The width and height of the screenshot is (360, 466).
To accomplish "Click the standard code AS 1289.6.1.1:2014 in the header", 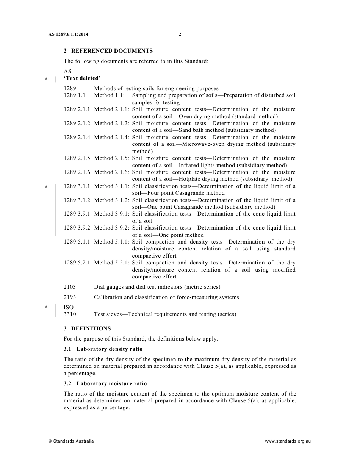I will (68, 34).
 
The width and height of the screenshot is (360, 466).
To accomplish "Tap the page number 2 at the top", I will (180, 34).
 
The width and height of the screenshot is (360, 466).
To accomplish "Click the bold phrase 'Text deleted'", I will (82, 78).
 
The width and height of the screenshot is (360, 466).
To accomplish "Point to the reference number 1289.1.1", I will (74, 95).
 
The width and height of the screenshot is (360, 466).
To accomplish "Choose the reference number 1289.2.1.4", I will (77, 137).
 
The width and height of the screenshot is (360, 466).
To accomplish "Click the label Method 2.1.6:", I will (111, 172).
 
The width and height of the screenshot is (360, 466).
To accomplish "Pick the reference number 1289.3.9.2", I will (77, 228).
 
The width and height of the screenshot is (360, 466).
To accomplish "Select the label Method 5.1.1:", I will (111, 242).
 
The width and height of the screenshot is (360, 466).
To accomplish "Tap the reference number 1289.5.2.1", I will (77, 263).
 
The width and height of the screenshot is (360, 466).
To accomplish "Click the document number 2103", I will (70, 287).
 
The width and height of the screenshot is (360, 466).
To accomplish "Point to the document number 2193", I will (70, 297).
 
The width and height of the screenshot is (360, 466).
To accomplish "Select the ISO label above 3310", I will (69, 307).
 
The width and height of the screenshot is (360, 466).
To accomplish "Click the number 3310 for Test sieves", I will (70, 314).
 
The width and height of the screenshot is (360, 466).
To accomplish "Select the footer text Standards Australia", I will (73, 441).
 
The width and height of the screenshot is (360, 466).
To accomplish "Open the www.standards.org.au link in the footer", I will (288, 441).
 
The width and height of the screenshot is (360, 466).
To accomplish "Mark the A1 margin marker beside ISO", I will (47, 307).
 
